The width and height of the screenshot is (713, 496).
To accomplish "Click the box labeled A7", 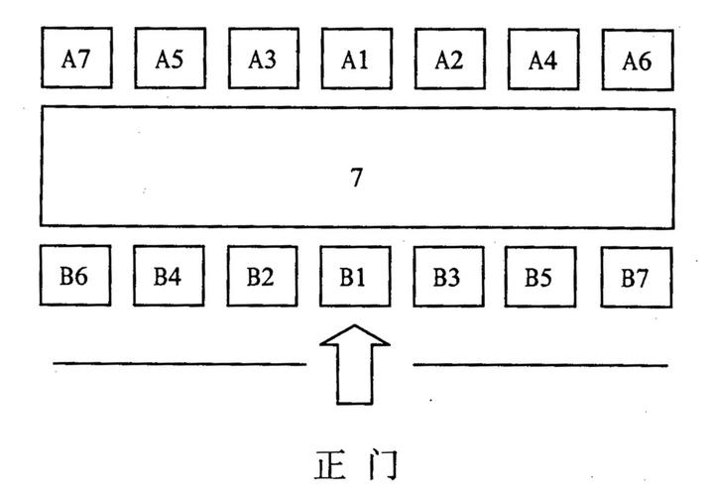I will pyautogui.click(x=74, y=60).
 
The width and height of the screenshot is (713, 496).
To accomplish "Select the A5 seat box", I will pyautogui.click(x=168, y=60).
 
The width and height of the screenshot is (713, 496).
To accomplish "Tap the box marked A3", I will pyautogui.click(x=262, y=60).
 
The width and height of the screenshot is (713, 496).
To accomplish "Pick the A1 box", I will pyautogui.click(x=355, y=60).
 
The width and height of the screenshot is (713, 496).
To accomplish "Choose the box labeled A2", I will pyautogui.click(x=448, y=60).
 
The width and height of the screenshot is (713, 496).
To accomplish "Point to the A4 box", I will pyautogui.click(x=541, y=60).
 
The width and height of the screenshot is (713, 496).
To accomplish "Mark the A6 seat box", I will pyautogui.click(x=637, y=60).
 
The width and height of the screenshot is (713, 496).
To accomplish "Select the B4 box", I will pyautogui.click(x=168, y=276).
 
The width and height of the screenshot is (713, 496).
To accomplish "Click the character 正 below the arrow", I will pyautogui.click(x=330, y=465).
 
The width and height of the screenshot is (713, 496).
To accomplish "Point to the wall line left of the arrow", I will pyautogui.click(x=178, y=364).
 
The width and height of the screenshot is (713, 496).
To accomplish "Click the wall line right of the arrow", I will pyautogui.click(x=540, y=365).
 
